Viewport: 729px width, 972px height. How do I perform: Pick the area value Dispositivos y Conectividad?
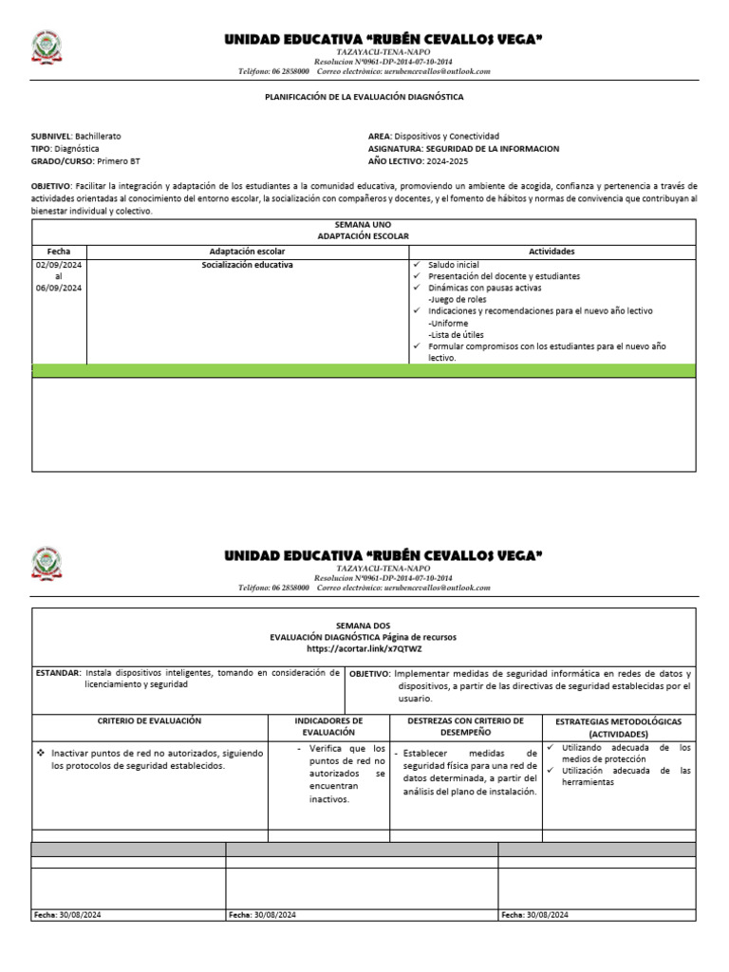449,137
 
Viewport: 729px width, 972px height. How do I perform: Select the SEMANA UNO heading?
364,224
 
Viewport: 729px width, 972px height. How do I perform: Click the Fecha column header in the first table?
59,252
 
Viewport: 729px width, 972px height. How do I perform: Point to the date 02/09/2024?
59,265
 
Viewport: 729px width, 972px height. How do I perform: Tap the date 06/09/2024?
59,288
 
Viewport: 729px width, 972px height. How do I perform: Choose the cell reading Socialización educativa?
247,265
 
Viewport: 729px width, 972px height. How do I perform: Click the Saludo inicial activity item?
454,265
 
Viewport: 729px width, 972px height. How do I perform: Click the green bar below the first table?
364,370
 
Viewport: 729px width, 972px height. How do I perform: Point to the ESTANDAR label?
58,673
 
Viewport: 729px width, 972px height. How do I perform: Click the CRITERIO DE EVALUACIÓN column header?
150,721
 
